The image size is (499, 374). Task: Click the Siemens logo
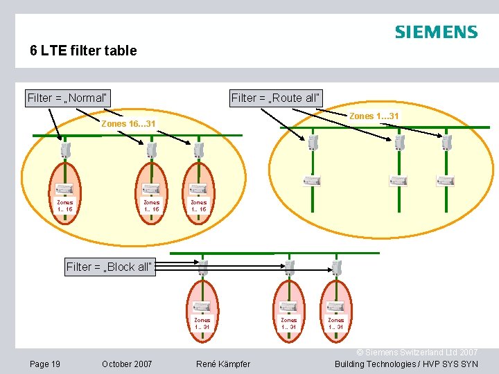tap(436, 32)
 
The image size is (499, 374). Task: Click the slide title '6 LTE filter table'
tap(83, 51)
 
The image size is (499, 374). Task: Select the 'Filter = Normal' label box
tap(69, 98)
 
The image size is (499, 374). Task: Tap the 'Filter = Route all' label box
tap(276, 98)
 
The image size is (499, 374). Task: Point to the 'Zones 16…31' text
tap(128, 124)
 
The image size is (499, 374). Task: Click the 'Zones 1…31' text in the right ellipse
tap(374, 116)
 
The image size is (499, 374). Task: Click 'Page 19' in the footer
tap(45, 364)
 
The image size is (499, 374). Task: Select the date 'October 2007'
tap(127, 364)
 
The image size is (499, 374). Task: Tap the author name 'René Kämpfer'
tap(223, 364)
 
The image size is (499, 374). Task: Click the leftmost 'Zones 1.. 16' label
tap(65, 206)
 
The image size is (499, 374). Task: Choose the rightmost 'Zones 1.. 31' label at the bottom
tap(335, 323)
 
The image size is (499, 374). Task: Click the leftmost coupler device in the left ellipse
tap(65, 150)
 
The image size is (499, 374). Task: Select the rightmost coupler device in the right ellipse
tap(446, 143)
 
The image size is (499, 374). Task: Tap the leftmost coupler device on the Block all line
tap(203, 267)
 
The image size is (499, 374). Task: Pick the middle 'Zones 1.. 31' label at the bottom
tap(288, 323)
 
